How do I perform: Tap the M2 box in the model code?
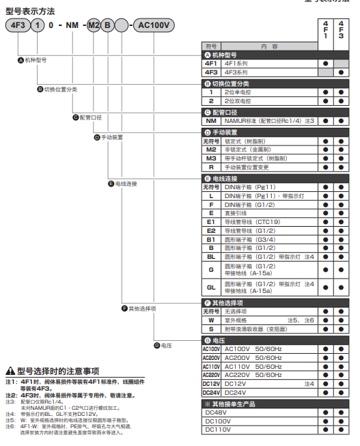coord(94,26)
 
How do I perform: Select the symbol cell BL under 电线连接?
coord(211,256)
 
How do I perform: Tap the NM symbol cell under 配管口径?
coord(211,121)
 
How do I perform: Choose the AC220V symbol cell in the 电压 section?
coord(211,375)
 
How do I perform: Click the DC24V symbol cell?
coord(211,392)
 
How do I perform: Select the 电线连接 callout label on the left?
coord(126,184)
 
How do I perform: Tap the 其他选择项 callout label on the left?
coord(143,308)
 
